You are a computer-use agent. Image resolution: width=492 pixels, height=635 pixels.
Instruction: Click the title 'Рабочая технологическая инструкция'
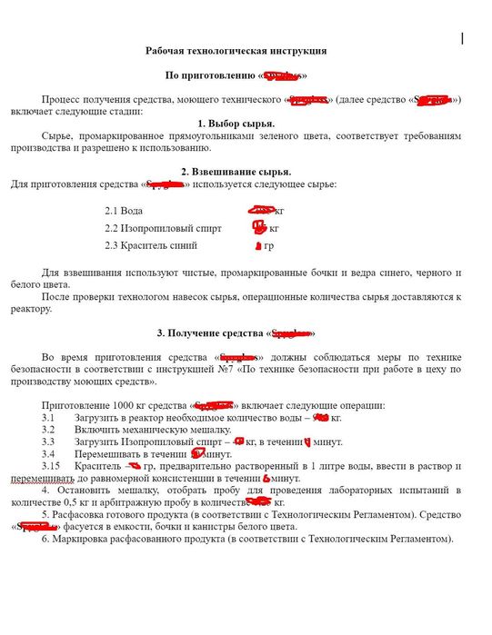click(236, 52)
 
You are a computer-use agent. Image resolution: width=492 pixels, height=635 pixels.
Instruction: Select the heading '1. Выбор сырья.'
click(236, 123)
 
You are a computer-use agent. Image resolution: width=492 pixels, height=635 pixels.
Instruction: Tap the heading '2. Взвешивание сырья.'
click(236, 172)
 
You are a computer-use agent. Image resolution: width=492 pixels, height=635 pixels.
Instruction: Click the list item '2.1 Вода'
click(125, 211)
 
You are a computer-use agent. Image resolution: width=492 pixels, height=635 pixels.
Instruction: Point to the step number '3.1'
click(49, 418)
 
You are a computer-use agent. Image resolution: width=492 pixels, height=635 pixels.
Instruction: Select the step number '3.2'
click(49, 430)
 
